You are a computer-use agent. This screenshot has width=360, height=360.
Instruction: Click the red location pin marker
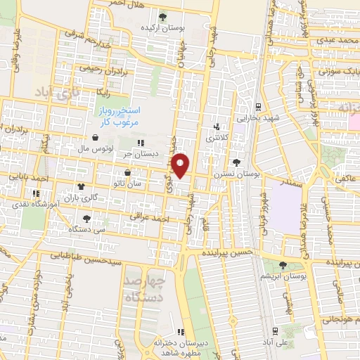(181, 166)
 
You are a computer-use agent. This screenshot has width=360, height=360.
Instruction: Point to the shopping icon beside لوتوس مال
(95, 138)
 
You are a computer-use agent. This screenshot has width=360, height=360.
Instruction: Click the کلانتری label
(217, 139)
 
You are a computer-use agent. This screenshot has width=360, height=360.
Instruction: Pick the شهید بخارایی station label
(259, 119)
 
